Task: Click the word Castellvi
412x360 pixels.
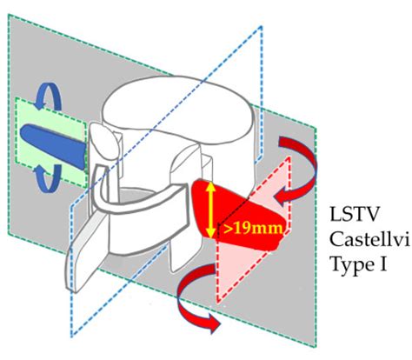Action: pyautogui.click(x=362, y=238)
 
